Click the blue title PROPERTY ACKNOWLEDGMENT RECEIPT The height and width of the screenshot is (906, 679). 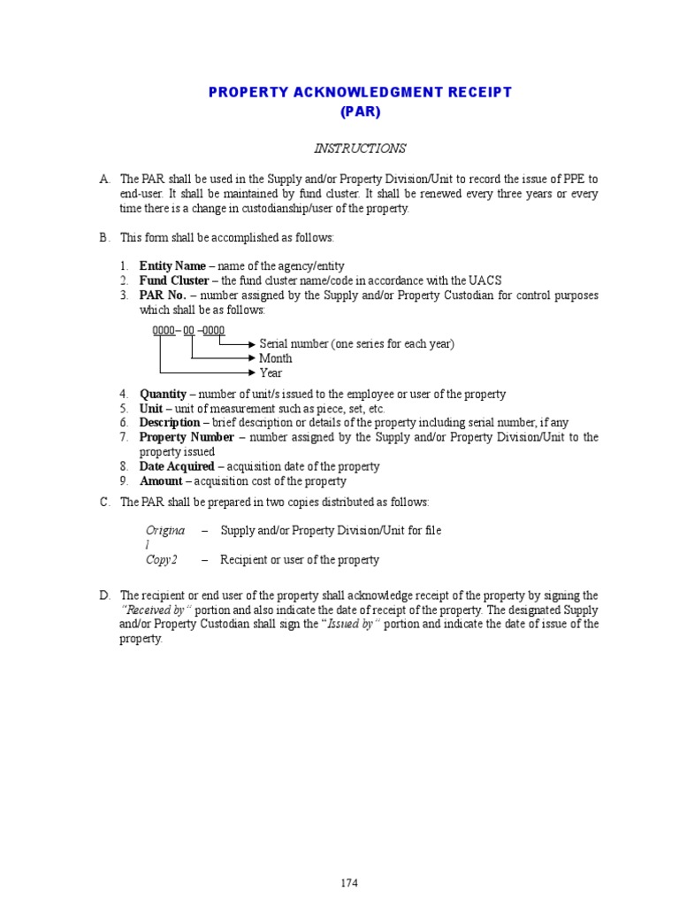point(360,92)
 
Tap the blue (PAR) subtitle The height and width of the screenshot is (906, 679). point(360,112)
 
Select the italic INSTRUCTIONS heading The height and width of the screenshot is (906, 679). point(360,149)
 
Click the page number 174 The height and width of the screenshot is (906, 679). point(348,883)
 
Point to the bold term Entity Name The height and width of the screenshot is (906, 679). point(172,266)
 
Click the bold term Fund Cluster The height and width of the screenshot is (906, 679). point(174,280)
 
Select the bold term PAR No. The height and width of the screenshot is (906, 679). point(162,296)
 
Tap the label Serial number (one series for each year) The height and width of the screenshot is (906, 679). point(356,344)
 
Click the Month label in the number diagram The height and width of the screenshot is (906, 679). point(275,358)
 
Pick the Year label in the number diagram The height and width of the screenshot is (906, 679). point(271,373)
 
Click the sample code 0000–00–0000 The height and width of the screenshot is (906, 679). point(188,330)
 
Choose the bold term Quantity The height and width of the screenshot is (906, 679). point(163,394)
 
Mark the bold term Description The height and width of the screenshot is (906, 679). point(170,423)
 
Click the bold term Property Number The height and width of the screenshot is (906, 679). point(187,437)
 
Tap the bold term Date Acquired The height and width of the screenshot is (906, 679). point(177,466)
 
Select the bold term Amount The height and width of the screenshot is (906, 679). point(161,481)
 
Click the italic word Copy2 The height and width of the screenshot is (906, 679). point(162,560)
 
